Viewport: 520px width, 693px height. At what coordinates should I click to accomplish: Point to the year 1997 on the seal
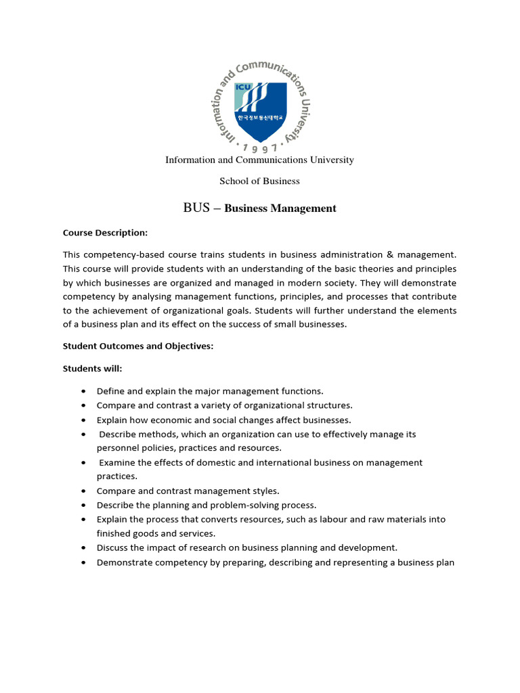click(259, 148)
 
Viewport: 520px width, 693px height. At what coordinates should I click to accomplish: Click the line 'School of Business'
click(259, 181)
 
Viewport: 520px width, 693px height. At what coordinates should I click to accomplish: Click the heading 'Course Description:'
click(105, 233)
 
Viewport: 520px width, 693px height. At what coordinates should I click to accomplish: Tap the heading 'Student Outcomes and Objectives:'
click(138, 346)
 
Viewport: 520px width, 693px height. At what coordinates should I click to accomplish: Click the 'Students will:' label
click(93, 369)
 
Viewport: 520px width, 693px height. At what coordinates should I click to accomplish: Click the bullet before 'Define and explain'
click(83, 391)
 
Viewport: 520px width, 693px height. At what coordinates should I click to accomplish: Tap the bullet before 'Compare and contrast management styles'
click(83, 491)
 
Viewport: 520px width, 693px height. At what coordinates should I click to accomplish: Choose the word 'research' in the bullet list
click(205, 547)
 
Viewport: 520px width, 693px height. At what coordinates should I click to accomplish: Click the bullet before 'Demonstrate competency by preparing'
click(83, 562)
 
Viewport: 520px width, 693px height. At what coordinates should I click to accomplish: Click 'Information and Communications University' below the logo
click(260, 160)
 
